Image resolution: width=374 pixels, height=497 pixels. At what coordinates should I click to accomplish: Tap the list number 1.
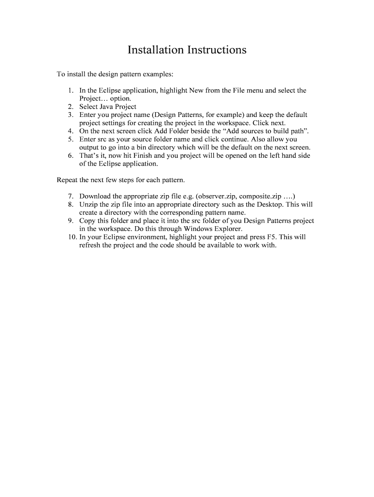(71, 91)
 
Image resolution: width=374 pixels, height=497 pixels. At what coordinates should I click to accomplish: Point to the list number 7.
(71, 196)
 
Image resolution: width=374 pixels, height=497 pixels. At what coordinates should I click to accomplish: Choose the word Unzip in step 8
(89, 204)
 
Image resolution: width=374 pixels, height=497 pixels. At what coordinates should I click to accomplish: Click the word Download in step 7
(95, 196)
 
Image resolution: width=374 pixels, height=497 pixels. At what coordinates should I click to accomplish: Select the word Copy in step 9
(88, 220)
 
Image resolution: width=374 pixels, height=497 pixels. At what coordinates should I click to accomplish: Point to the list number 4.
(71, 131)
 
